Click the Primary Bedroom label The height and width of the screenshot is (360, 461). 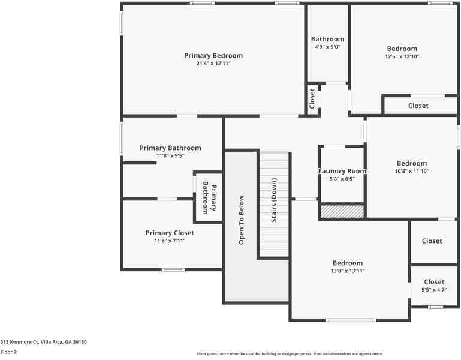213,56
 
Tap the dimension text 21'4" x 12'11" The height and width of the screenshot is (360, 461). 213,64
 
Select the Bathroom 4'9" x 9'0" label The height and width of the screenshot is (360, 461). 327,40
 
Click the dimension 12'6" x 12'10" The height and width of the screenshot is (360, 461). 402,56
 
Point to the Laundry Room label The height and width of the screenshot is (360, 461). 342,171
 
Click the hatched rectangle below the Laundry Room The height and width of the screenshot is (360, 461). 342,212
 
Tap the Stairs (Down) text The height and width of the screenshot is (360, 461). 274,200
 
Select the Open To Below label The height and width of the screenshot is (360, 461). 242,220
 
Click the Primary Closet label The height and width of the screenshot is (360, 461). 170,233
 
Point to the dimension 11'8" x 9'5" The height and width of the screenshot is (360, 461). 170,156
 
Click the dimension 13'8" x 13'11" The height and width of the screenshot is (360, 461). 348,271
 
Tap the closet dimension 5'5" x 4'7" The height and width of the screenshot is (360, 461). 434,290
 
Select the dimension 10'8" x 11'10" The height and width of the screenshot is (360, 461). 412,171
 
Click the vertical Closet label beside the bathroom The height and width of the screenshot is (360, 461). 312,98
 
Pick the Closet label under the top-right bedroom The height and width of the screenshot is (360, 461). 418,106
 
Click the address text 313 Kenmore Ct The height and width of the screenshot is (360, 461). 43,342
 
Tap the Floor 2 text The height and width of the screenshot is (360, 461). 8,352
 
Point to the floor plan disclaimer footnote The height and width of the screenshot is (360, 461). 290,354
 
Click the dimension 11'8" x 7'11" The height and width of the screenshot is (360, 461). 170,241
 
